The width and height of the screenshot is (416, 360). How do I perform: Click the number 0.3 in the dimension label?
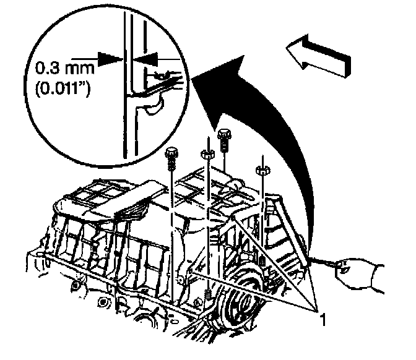tap(48, 68)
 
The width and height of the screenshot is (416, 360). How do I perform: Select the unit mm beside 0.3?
tap(80, 69)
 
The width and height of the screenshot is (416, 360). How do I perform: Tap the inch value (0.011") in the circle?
tap(63, 90)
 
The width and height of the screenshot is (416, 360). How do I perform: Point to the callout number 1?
tap(323, 319)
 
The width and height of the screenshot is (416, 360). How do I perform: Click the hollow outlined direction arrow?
tap(318, 56)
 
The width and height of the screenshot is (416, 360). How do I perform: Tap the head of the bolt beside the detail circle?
tap(171, 153)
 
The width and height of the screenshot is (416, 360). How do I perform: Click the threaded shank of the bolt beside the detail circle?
tap(171, 165)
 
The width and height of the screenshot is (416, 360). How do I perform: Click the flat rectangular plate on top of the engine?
tap(141, 195)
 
